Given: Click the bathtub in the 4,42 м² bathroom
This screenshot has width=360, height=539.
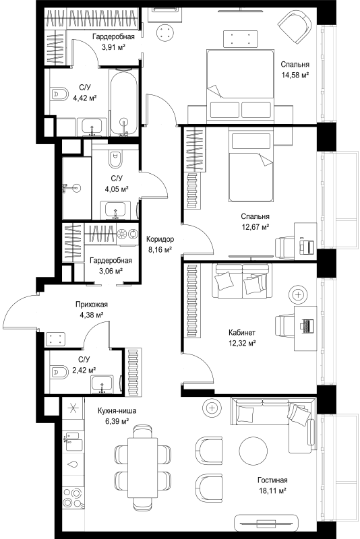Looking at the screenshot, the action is tap(124, 102).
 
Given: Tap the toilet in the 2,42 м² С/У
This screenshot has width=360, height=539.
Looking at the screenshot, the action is tap(59, 372).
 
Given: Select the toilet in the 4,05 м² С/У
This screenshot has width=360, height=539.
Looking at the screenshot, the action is tap(115, 159).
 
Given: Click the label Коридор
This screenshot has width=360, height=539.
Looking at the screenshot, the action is tap(160, 239).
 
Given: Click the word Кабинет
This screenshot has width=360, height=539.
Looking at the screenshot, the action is tap(242, 332).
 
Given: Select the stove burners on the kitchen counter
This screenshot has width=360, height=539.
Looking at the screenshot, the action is tap(73, 498).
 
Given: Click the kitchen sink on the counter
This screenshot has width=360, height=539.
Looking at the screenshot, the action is tap(73, 441).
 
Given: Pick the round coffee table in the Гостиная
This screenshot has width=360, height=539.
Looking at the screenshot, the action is tap(253, 451).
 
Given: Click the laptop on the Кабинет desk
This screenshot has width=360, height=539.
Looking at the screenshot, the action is tap(307, 325).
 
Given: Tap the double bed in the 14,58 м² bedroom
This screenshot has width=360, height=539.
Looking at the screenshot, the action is tap(241, 86).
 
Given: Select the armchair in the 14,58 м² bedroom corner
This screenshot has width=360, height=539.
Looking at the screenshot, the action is tap(295, 27).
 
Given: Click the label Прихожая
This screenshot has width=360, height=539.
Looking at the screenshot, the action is tap(92, 305).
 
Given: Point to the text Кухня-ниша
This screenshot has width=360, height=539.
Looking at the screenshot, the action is tap(117, 410).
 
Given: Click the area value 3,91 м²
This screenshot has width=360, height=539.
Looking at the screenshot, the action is tap(113, 46).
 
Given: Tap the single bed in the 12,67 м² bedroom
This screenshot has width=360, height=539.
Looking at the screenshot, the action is tap(251, 164).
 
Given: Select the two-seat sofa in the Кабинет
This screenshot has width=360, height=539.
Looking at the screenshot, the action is tap(242, 281).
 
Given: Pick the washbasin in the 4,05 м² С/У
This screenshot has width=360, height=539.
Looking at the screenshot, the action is tap(115, 210).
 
